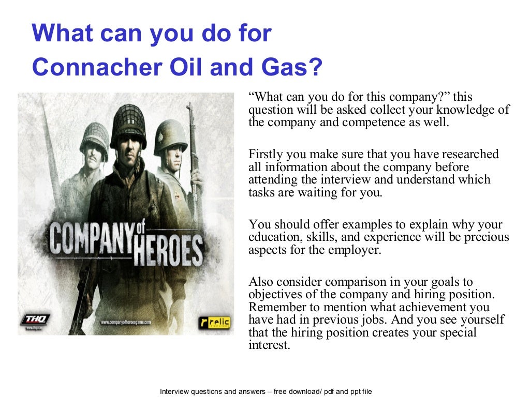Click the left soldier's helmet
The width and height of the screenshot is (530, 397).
[x=93, y=134]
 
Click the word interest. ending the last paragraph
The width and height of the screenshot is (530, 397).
[x=268, y=345]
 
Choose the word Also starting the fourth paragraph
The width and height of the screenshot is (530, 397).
[x=260, y=282]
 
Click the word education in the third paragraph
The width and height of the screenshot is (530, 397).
[x=272, y=237]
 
